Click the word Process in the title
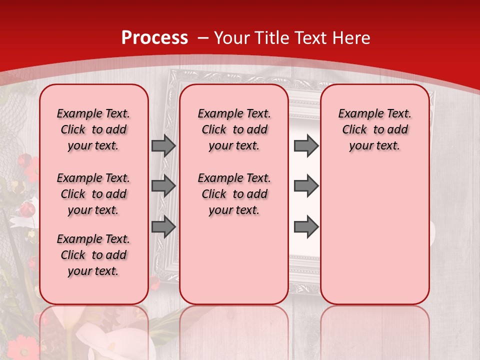(154, 37)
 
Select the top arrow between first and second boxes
(163, 145)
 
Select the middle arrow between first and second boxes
(163, 186)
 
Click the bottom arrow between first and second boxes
(163, 226)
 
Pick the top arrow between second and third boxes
(306, 145)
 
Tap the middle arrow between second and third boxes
(306, 186)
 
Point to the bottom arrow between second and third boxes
(306, 226)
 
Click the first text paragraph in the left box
(93, 129)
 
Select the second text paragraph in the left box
(93, 194)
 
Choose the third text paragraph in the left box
(93, 255)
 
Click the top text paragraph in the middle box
(234, 129)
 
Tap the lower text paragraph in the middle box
(234, 194)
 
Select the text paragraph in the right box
(374, 129)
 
